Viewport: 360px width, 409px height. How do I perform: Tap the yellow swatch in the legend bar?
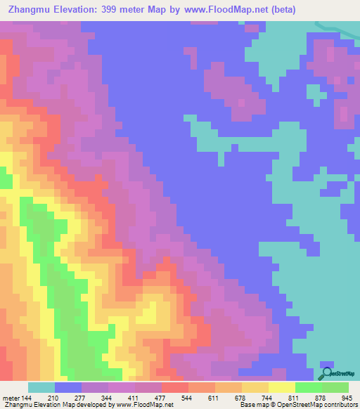281,387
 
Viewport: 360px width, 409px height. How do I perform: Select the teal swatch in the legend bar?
41,387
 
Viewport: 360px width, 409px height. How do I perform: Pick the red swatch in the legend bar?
174,387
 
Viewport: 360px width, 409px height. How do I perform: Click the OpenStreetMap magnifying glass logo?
327,373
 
